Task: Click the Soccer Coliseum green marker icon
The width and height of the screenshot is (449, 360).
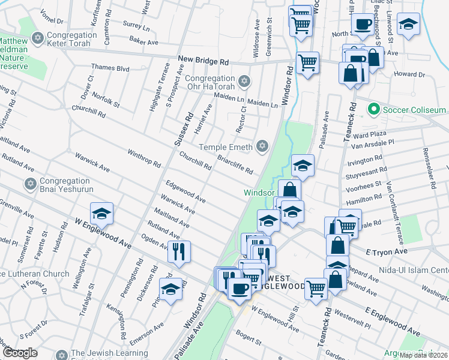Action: [x=373, y=110]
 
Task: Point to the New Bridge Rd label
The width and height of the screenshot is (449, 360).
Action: [x=203, y=61]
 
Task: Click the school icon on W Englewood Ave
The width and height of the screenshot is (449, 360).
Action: [x=101, y=214]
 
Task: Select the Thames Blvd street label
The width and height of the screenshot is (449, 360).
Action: [x=110, y=68]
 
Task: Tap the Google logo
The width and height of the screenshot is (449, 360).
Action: [x=20, y=353]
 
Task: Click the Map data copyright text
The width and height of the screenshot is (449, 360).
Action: [x=424, y=355]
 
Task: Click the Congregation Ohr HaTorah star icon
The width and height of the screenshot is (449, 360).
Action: [x=244, y=80]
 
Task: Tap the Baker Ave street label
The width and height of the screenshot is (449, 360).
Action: [x=143, y=43]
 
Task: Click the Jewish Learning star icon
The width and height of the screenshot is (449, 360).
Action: [x=59, y=354]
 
